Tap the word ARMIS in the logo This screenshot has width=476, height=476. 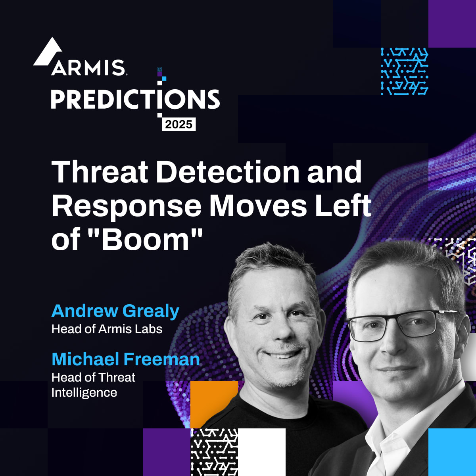(88, 68)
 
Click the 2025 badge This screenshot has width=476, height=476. (178, 124)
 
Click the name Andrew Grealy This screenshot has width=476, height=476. (115, 311)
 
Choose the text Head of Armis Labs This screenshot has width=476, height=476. (107, 329)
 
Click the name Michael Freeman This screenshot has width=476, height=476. (125, 359)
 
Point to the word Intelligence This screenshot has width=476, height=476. (84, 392)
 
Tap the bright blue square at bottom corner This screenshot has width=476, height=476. (452, 452)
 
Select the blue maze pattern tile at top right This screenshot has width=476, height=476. (404, 71)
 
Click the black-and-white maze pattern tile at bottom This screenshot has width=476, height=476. (214, 452)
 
